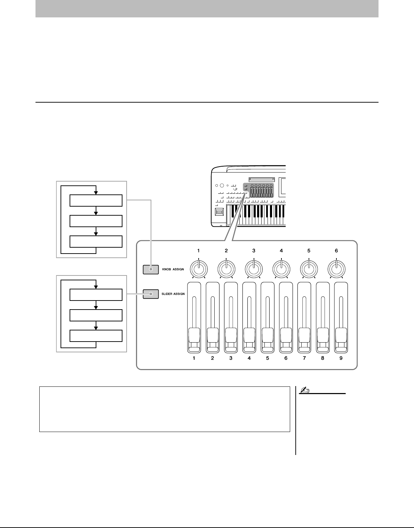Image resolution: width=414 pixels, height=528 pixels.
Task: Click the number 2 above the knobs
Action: (226, 250)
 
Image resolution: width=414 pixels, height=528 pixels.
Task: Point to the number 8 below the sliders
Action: (323, 358)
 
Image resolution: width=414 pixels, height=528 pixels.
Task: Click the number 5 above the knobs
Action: (309, 250)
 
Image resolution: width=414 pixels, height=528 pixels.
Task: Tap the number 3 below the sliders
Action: (231, 358)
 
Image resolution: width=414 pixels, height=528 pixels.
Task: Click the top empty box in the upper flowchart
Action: (96, 201)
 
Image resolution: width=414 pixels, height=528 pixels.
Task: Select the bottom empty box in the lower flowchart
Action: (96, 336)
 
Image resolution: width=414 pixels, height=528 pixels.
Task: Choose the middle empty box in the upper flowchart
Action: (96, 221)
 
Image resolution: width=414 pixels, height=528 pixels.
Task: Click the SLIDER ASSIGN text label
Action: (173, 294)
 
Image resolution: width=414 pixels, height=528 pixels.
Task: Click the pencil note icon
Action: (303, 391)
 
